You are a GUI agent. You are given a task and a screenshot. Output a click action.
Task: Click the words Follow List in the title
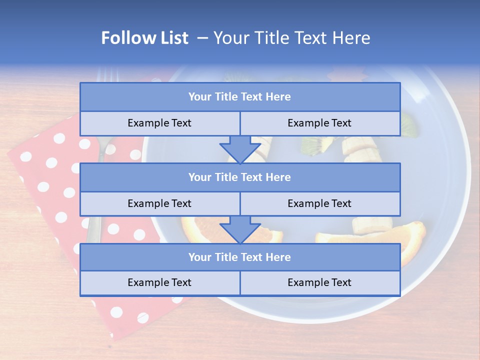145,38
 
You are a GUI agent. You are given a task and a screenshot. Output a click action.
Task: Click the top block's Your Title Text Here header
239,97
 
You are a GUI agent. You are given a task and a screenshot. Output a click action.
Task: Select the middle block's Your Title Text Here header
239,177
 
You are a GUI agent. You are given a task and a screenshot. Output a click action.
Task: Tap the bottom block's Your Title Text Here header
239,257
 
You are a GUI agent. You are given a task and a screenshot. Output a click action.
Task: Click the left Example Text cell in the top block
159,123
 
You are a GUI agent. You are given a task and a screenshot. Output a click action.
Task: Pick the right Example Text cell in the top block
319,123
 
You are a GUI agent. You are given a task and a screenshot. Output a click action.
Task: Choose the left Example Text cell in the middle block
159,203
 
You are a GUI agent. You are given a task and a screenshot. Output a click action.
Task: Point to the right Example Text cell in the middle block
319,203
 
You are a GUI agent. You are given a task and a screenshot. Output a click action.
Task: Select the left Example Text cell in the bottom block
159,282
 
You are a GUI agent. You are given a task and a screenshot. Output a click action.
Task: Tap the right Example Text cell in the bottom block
319,282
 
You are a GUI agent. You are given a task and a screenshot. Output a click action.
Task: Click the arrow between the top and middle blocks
240,149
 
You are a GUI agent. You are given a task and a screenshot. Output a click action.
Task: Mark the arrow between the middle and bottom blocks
240,229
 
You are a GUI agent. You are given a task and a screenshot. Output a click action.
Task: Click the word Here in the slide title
353,38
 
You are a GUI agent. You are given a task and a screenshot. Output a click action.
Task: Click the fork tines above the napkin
107,75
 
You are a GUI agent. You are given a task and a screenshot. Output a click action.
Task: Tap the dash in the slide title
202,38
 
